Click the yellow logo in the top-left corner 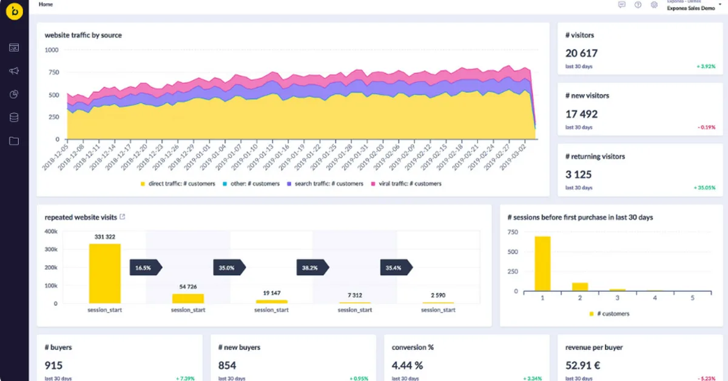[x=14, y=13]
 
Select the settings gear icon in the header [x=654, y=5]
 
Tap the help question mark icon [x=638, y=5]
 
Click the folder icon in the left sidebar [x=14, y=141]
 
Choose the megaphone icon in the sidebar [x=14, y=71]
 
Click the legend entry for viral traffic [x=407, y=184]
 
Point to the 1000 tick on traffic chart [x=52, y=50]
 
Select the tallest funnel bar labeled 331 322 [x=104, y=273]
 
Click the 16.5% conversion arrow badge [x=145, y=267]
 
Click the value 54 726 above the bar [x=188, y=286]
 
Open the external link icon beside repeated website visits [x=123, y=217]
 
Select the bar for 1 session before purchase [x=542, y=263]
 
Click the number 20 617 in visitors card [x=581, y=53]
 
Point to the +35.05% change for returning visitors [x=704, y=188]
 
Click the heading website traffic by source [x=83, y=35]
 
